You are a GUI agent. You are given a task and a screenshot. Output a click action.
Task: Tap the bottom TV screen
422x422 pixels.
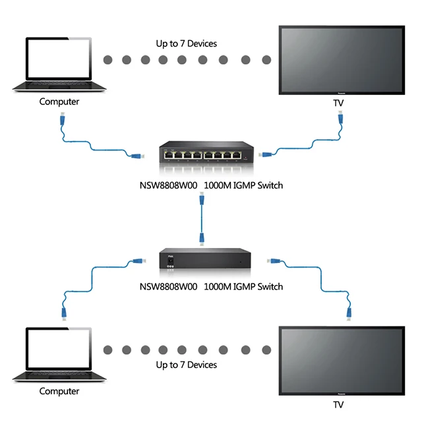click(342, 360)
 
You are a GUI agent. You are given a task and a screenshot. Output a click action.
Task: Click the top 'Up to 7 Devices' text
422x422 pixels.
click(187, 44)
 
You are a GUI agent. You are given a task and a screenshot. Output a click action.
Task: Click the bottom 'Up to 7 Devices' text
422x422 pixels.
click(187, 365)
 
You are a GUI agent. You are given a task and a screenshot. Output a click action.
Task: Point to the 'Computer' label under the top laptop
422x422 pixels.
click(59, 102)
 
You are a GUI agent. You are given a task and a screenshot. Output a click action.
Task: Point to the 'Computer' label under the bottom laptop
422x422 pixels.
click(59, 391)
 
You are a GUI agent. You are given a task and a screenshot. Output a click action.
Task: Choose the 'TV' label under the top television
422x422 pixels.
click(339, 104)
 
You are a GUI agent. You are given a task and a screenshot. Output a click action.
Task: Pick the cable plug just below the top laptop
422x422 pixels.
click(61, 120)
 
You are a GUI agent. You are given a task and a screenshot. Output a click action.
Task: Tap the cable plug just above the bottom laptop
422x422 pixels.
click(64, 313)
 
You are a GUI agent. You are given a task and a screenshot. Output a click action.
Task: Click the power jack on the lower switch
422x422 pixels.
click(172, 262)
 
